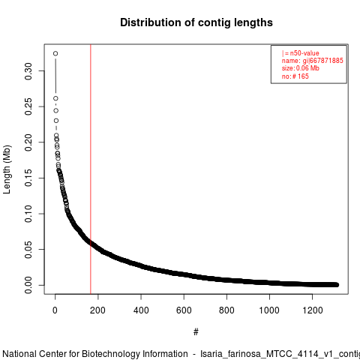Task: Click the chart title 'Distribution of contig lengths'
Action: coord(196,22)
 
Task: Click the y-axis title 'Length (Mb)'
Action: coord(7,169)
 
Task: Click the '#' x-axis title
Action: coord(196,332)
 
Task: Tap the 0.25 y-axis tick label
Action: coord(28,106)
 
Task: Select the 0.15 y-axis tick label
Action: coord(28,178)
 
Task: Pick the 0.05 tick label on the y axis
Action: coord(28,250)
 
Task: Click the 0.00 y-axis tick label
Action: coord(28,285)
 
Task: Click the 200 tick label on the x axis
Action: coord(97,310)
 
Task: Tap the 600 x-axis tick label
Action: coord(184,310)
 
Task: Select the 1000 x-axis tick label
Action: coord(269,310)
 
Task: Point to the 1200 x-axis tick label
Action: coord(313,310)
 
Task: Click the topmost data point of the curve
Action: coord(55,53)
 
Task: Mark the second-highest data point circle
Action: coord(55,98)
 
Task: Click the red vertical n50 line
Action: coord(91,169)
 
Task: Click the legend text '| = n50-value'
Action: coord(301,53)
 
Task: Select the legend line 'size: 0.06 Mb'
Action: coord(301,68)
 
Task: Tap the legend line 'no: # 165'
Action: coord(295,76)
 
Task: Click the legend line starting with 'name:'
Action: coord(313,61)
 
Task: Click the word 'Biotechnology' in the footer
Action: coord(135,354)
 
